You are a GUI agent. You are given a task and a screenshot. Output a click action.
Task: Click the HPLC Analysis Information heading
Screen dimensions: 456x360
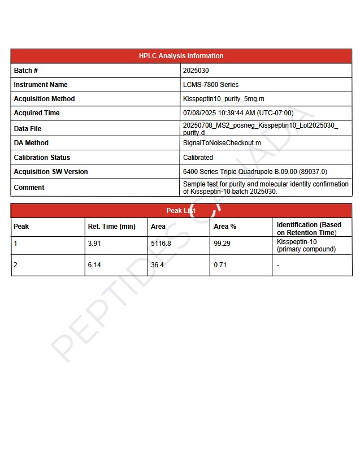pos(181,56)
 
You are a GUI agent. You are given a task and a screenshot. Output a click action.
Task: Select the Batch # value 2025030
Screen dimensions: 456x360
pos(196,71)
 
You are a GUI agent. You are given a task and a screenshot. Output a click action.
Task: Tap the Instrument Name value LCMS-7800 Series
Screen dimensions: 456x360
pos(211,85)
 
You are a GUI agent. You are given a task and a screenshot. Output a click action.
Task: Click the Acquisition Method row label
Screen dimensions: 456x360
pos(44,99)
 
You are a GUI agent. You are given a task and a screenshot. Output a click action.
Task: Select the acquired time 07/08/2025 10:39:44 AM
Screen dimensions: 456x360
pos(238,113)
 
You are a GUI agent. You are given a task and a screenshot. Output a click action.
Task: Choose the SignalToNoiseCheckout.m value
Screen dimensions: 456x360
pos(222,143)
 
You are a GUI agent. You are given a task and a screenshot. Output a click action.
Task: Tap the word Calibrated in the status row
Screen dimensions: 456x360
pos(198,158)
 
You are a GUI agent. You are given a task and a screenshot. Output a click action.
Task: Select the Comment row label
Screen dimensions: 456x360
pos(29,188)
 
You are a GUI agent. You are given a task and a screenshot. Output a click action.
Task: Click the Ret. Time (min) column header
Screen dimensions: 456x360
pos(111,227)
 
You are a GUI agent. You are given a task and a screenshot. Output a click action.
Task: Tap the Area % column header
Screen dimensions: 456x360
pos(225,227)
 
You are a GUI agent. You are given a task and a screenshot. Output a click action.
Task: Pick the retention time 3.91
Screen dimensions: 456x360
pos(94,244)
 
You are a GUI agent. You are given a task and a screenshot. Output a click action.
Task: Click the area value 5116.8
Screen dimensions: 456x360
pos(161,244)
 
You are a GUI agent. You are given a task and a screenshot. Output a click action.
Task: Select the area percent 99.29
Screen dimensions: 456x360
pos(222,244)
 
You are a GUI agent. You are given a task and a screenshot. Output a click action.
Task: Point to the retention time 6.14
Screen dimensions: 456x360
pos(94,265)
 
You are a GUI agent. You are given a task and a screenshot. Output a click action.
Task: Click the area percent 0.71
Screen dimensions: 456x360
pos(220,265)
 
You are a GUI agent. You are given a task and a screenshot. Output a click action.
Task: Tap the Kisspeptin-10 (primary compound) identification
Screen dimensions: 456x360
pos(306,245)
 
